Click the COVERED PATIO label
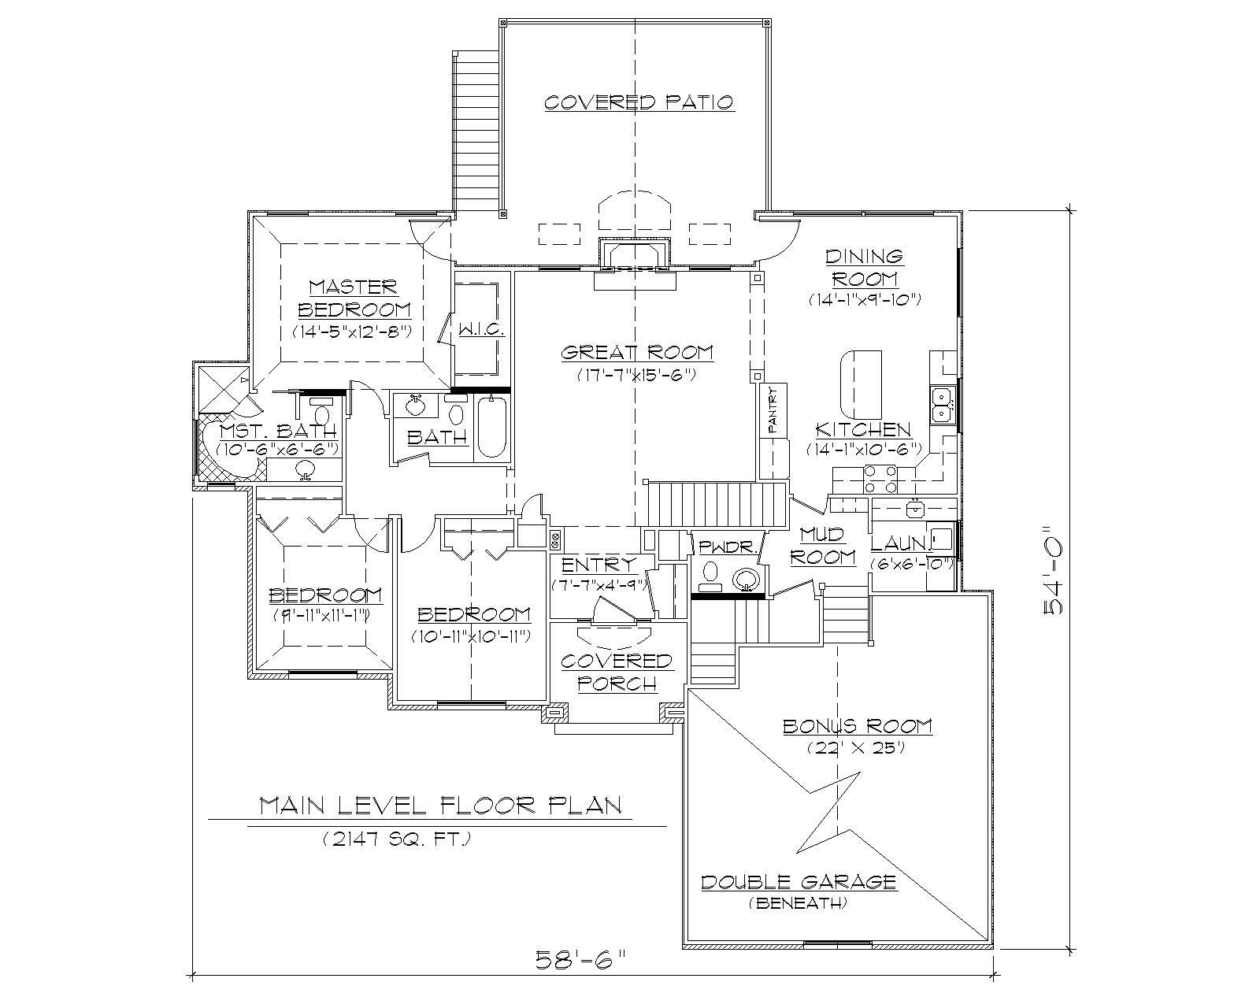[x=639, y=102]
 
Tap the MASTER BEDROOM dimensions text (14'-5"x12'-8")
[x=353, y=332]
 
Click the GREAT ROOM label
[x=637, y=353]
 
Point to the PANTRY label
[x=773, y=409]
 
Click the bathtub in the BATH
[x=492, y=428]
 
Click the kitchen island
[x=861, y=384]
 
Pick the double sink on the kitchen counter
[x=942, y=405]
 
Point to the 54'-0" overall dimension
[x=1054, y=572]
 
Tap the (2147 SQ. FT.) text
[x=396, y=840]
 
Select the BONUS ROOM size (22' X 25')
[x=855, y=748]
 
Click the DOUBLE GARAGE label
[x=799, y=881]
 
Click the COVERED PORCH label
[x=617, y=672]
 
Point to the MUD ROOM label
[x=823, y=546]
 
